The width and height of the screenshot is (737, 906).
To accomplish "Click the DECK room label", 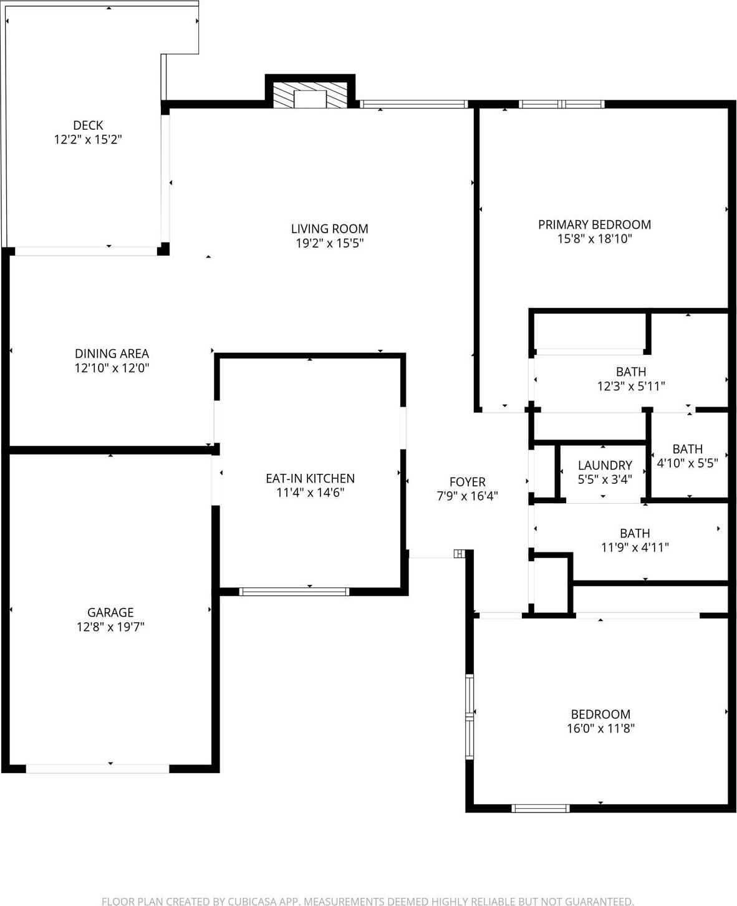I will click(x=88, y=125).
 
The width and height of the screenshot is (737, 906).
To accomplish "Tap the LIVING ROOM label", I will click(x=329, y=229).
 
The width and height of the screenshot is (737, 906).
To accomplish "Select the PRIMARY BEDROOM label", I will click(x=594, y=224).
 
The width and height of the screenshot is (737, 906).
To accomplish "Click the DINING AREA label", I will click(x=112, y=354).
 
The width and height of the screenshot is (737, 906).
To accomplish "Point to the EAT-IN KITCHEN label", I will click(x=310, y=478).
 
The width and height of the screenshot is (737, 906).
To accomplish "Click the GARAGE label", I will click(x=110, y=612).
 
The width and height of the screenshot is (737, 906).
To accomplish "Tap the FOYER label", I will click(x=467, y=482).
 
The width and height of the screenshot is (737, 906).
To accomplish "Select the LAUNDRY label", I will click(x=604, y=465).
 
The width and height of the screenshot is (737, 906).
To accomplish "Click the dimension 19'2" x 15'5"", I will click(x=329, y=243).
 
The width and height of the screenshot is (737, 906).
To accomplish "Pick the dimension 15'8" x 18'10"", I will click(x=594, y=239).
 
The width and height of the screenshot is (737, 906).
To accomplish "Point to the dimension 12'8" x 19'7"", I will click(x=110, y=627).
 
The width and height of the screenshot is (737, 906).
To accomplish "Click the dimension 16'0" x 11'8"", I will click(x=600, y=728).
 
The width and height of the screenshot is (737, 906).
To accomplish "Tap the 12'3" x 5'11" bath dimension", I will click(x=631, y=387).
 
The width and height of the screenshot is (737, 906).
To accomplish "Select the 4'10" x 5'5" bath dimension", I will click(x=688, y=463).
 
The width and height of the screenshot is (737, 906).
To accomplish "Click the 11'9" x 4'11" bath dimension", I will click(x=635, y=547).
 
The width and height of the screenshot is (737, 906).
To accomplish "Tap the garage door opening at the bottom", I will click(x=97, y=768).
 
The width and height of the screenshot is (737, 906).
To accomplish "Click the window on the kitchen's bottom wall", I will click(x=294, y=591).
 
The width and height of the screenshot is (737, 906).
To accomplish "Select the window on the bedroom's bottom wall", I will click(x=540, y=808).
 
